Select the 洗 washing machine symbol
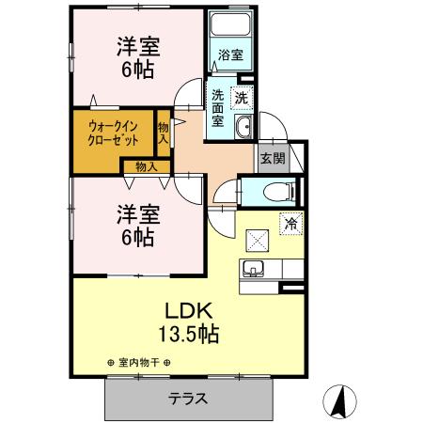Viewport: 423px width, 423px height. point(242,96)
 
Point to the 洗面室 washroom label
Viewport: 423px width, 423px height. point(218,107)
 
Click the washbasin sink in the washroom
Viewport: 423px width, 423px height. point(243,128)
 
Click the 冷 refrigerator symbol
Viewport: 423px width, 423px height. point(290,225)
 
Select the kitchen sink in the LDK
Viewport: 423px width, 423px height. point(254,271)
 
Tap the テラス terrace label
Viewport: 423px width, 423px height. point(188,398)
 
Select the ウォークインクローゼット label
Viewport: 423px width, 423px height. point(114,133)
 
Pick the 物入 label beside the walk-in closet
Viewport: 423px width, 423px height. point(164,133)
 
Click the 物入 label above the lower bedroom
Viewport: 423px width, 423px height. point(147,166)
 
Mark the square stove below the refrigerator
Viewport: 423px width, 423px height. point(256,239)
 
